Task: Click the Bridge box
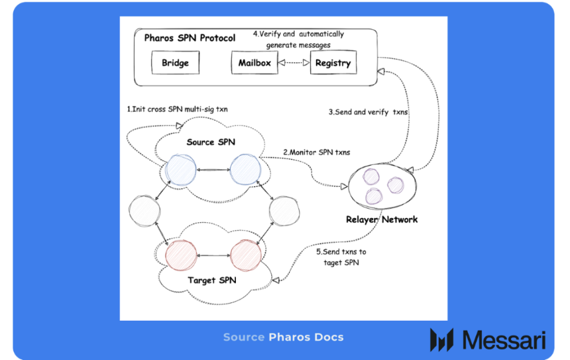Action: [x=175, y=63]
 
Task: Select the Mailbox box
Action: [x=255, y=63]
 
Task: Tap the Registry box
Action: [x=333, y=63]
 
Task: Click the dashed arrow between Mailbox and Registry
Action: [x=294, y=63]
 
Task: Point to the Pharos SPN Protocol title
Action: [x=190, y=38]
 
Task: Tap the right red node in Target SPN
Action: [x=245, y=255]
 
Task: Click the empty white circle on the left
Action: [x=144, y=211]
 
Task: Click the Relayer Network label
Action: [x=382, y=219]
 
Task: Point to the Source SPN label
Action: [x=211, y=142]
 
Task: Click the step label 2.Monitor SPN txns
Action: [x=317, y=152]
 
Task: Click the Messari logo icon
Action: [x=441, y=339]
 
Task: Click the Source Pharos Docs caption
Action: [x=283, y=337]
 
